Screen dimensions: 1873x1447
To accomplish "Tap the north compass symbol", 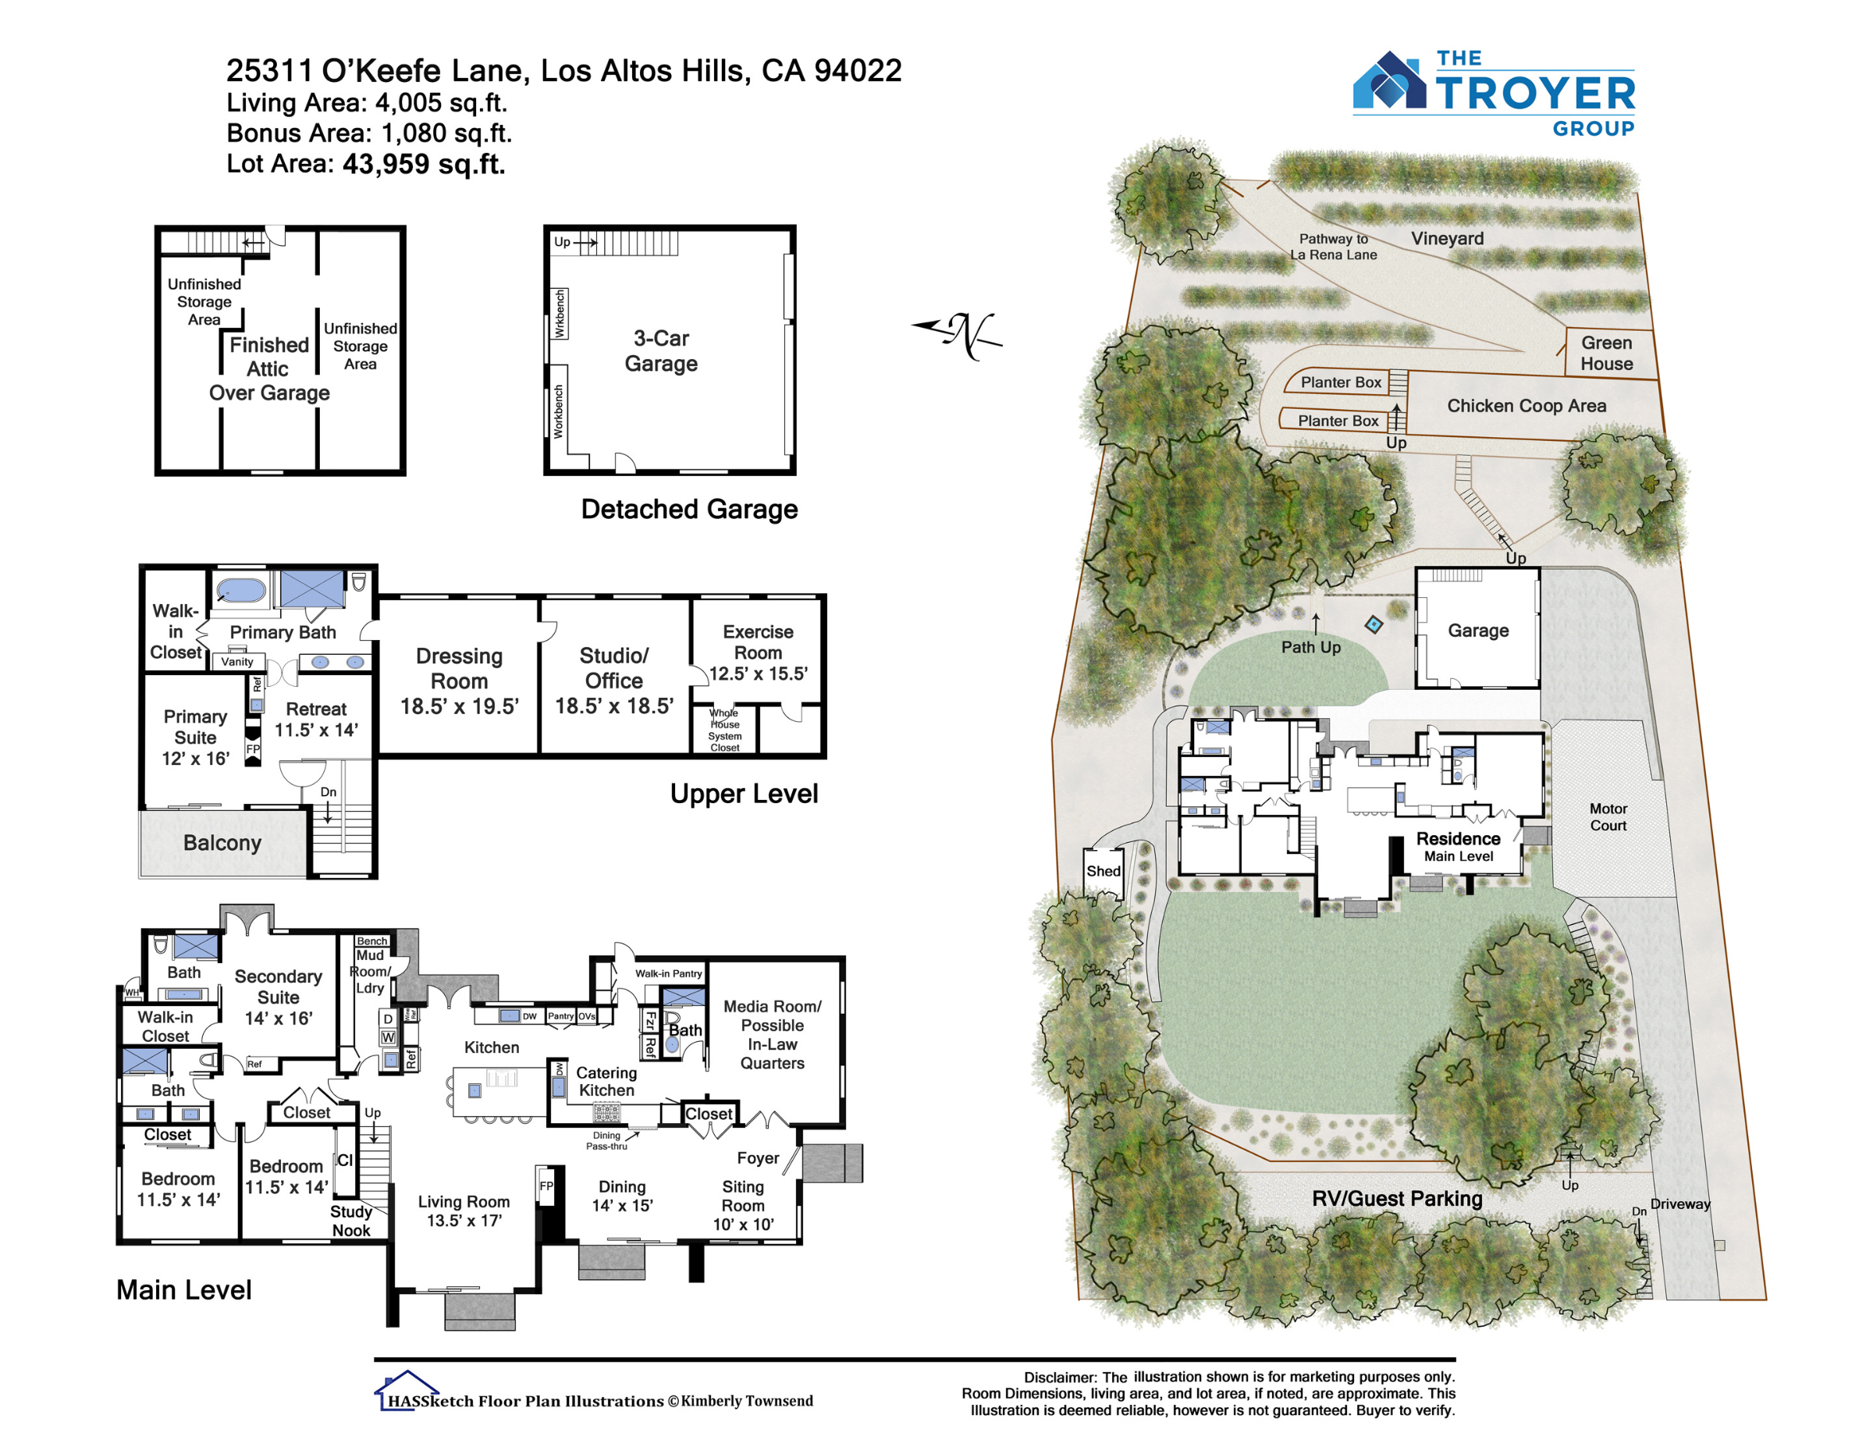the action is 957,335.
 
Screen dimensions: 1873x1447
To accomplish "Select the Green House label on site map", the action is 1606,353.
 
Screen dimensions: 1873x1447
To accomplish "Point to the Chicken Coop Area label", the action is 1526,406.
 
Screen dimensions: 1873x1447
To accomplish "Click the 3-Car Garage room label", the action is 661,350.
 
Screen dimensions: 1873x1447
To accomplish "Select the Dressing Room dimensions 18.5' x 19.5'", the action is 460,706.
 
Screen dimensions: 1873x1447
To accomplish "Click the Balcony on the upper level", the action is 222,844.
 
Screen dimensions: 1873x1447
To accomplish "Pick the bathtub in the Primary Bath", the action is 241,591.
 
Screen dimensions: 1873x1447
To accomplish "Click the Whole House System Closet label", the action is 725,730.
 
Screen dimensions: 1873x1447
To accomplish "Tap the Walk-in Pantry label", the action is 668,973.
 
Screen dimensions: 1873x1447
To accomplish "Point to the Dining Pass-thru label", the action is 606,1141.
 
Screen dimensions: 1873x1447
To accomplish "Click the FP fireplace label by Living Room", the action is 546,1186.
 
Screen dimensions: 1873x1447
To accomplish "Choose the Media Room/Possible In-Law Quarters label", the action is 772,1034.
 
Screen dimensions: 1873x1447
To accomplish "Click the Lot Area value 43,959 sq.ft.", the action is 424,164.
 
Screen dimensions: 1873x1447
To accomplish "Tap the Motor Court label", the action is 1608,816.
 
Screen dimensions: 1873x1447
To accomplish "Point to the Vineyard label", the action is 1447,239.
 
